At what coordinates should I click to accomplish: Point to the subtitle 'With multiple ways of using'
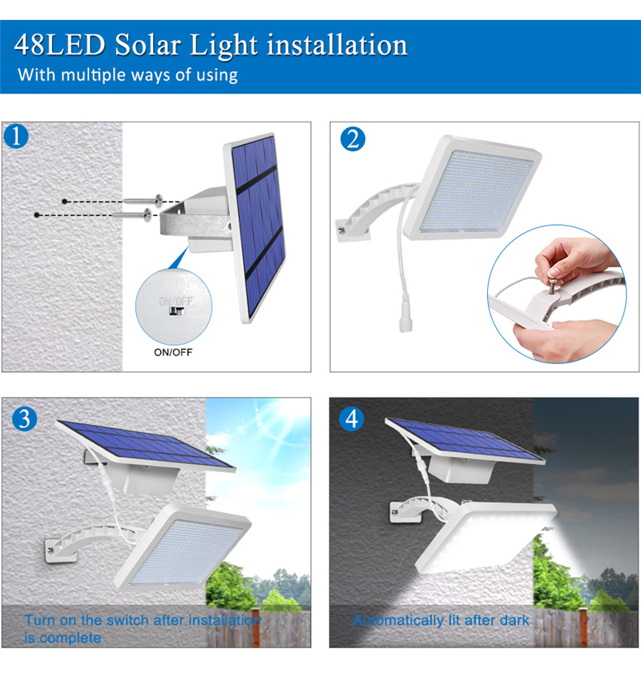click(x=128, y=76)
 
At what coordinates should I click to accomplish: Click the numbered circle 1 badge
click(x=16, y=137)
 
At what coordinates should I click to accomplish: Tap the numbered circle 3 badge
click(x=26, y=419)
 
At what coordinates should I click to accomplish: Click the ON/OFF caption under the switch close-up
click(x=173, y=351)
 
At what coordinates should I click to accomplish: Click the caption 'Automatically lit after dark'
click(x=441, y=620)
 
